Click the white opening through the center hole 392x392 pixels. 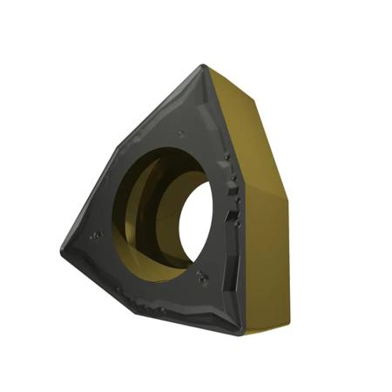195,221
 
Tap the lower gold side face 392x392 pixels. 267,261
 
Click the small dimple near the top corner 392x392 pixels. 180,133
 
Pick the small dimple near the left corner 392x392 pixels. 93,235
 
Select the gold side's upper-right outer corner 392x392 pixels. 255,96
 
